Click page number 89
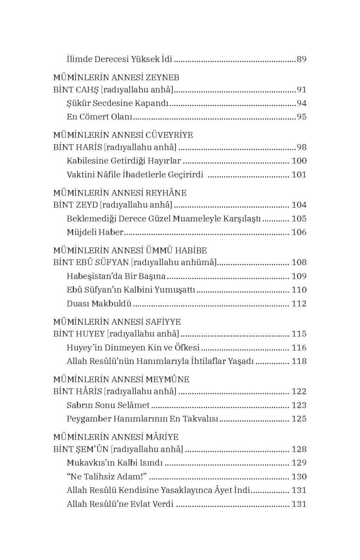point(302,59)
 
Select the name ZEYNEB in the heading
point(162,77)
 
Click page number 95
point(302,117)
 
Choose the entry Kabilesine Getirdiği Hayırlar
point(124,161)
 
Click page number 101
point(299,175)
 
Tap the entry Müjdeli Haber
point(95,232)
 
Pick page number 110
point(299,290)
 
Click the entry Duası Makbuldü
point(99,304)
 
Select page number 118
point(299,361)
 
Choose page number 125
point(299,419)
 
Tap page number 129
point(299,462)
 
